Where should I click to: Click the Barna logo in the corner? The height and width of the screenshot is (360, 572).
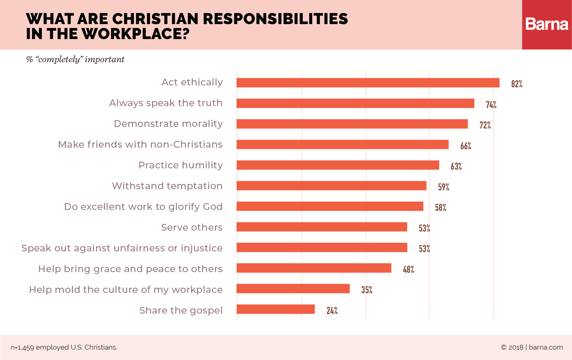(x=547, y=24)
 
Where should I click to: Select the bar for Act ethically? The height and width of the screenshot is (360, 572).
(x=368, y=83)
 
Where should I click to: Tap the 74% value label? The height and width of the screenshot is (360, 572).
(x=491, y=105)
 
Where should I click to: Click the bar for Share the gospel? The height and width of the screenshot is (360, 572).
(x=276, y=309)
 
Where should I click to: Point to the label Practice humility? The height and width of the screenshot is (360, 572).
(x=181, y=165)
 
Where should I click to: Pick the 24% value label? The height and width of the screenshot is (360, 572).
(x=332, y=311)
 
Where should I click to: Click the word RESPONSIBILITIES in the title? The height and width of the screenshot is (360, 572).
(x=275, y=19)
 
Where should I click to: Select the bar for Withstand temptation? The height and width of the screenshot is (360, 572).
(x=331, y=185)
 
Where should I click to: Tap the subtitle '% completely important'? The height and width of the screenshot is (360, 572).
(x=75, y=59)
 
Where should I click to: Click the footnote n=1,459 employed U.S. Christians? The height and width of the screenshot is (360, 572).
(x=64, y=347)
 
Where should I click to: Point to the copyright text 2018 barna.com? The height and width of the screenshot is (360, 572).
(x=532, y=347)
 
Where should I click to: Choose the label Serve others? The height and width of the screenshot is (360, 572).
(x=191, y=227)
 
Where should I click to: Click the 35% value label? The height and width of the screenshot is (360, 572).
(x=366, y=290)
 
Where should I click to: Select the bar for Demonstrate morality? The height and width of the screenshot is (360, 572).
(x=352, y=124)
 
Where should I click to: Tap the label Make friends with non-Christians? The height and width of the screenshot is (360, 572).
(x=140, y=144)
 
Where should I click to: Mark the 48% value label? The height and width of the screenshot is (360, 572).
(x=408, y=269)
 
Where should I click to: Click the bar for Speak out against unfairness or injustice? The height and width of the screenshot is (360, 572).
(x=322, y=247)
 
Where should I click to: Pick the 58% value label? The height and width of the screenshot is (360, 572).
(x=440, y=207)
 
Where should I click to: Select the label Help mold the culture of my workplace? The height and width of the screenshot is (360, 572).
(x=126, y=290)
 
